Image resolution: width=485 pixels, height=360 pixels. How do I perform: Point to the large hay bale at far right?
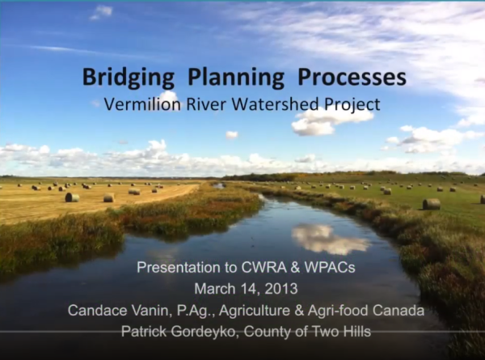[432, 204]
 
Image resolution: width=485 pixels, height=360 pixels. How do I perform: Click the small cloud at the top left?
[101, 12]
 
